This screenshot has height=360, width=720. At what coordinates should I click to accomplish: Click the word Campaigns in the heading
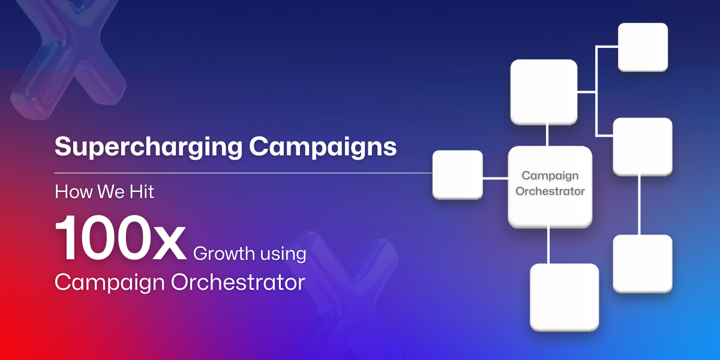[x=323, y=147]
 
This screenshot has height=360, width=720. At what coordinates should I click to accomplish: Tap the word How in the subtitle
[x=74, y=191]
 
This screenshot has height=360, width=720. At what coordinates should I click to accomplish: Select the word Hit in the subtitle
[x=142, y=191]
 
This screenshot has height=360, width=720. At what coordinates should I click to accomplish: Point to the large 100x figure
[x=121, y=238]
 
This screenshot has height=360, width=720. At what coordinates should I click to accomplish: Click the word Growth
[x=224, y=253]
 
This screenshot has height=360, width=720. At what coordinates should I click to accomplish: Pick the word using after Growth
[x=283, y=254]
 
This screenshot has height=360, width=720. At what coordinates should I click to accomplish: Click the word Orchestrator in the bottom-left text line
[x=238, y=282]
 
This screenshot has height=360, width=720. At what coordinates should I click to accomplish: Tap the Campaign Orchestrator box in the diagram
[x=550, y=187]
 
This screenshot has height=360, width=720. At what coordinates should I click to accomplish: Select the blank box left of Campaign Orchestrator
[x=457, y=175]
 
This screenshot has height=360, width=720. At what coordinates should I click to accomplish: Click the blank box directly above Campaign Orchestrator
[x=544, y=92]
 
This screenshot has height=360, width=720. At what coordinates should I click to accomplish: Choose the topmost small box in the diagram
[x=643, y=47]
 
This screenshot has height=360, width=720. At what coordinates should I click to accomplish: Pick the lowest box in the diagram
[x=565, y=298]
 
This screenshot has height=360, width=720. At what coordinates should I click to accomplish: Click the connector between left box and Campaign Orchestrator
[x=496, y=178]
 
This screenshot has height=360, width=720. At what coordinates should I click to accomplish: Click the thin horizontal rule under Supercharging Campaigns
[x=244, y=173]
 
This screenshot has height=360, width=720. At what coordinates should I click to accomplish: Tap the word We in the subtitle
[x=111, y=191]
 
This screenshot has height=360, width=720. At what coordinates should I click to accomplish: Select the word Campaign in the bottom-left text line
[x=110, y=283]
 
